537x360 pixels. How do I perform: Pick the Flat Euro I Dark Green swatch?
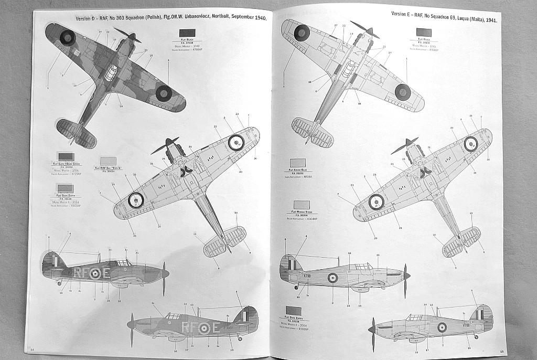[x=66, y=156]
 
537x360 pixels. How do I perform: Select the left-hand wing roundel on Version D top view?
[x=68, y=37]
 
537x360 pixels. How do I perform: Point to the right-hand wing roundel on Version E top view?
[x=402, y=91]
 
